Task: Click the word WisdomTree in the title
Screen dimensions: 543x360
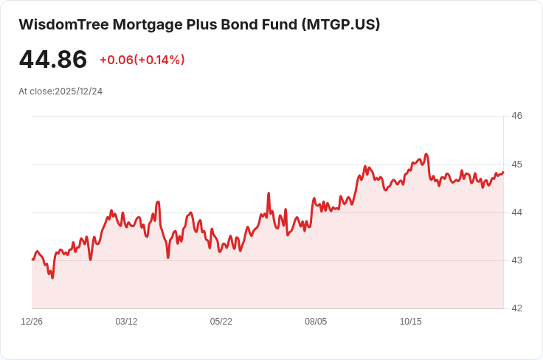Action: (64, 24)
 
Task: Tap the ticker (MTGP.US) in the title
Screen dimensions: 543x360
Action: (341, 24)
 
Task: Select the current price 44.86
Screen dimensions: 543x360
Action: (53, 59)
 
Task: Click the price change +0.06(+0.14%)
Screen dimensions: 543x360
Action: (142, 60)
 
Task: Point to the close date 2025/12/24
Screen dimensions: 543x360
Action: (79, 91)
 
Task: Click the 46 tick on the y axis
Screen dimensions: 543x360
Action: (516, 116)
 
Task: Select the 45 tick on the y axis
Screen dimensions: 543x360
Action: (516, 165)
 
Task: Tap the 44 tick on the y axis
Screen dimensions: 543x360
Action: (516, 212)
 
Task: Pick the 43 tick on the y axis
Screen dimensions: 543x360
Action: (516, 260)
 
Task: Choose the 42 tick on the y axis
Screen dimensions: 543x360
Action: (516, 308)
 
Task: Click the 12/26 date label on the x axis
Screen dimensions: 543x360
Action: (32, 322)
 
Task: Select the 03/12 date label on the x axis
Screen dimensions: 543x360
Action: (126, 322)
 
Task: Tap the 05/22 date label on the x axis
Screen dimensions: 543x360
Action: (221, 322)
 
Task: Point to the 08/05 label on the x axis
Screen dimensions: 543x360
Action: (316, 322)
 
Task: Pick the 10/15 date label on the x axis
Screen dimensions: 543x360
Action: (411, 322)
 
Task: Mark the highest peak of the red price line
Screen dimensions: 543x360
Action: (426, 153)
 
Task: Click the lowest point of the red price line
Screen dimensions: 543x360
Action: (52, 278)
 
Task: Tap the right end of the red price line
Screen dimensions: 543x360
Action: (503, 172)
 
